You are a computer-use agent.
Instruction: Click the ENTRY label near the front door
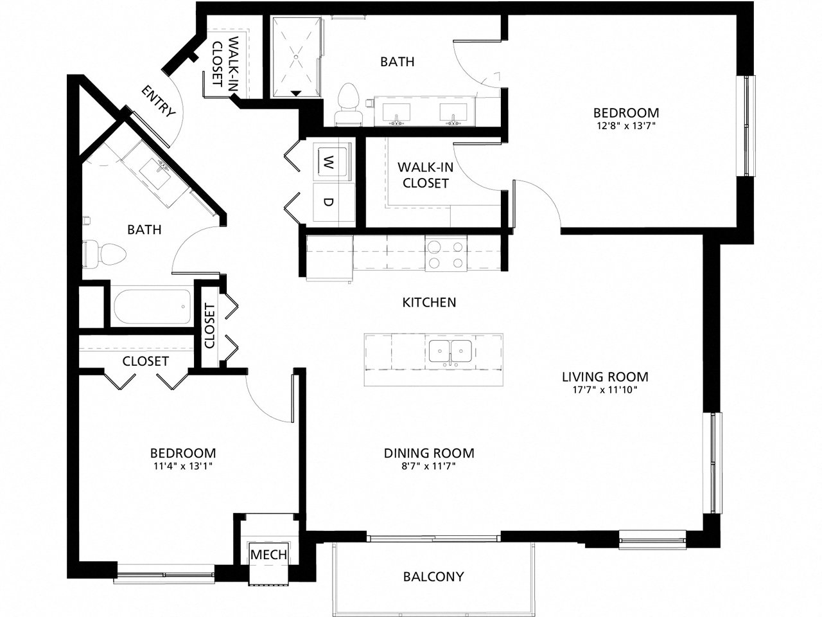click(158, 102)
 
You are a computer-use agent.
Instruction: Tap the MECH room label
click(268, 555)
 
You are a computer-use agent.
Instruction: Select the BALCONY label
click(433, 576)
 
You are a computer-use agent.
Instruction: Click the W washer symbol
click(328, 160)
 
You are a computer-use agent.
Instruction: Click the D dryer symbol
click(328, 202)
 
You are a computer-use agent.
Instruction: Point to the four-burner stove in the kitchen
click(446, 253)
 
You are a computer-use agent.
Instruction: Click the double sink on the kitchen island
click(451, 351)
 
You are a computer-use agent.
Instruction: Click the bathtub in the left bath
click(152, 307)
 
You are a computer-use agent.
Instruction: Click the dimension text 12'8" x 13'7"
click(625, 126)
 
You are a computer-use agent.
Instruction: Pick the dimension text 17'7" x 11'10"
click(605, 389)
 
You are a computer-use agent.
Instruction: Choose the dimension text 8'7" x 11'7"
click(429, 466)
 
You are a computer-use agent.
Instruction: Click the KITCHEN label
click(429, 301)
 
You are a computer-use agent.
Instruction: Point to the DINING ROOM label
click(429, 453)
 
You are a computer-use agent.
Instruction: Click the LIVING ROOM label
click(605, 377)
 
